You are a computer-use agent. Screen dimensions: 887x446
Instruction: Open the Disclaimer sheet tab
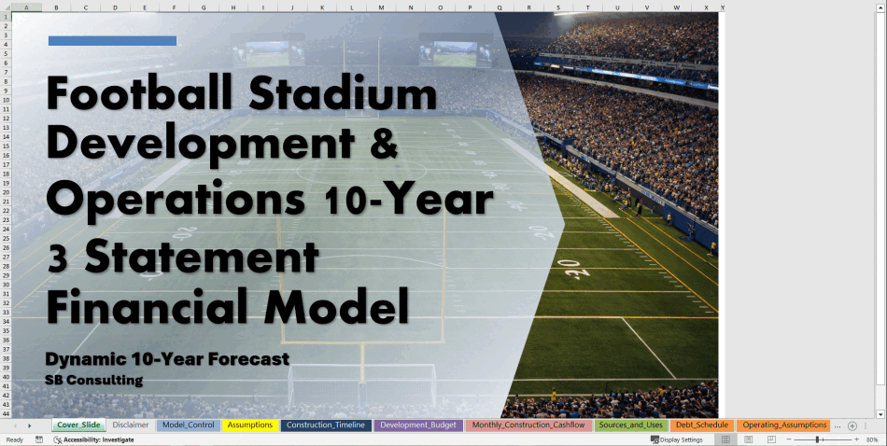[130, 425]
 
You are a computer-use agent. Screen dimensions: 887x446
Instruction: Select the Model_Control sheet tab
[189, 425]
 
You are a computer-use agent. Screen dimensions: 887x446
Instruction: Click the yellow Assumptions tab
[250, 425]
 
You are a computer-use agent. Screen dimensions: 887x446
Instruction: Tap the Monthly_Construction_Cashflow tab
[528, 425]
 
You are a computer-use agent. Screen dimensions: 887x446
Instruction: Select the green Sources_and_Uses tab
[631, 425]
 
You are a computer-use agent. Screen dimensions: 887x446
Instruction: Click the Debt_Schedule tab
[701, 425]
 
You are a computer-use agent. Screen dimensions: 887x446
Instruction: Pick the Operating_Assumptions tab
[784, 425]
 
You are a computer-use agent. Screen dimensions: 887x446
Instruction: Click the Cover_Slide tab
[78, 425]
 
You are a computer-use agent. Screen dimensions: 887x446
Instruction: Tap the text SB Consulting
[94, 381]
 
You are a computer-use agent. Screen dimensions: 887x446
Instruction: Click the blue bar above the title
[113, 41]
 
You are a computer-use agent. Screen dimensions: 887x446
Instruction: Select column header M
[381, 7]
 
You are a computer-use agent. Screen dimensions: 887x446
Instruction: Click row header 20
[7, 191]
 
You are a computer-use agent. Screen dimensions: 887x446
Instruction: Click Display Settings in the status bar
[677, 439]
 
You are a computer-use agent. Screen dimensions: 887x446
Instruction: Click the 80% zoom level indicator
[872, 439]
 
